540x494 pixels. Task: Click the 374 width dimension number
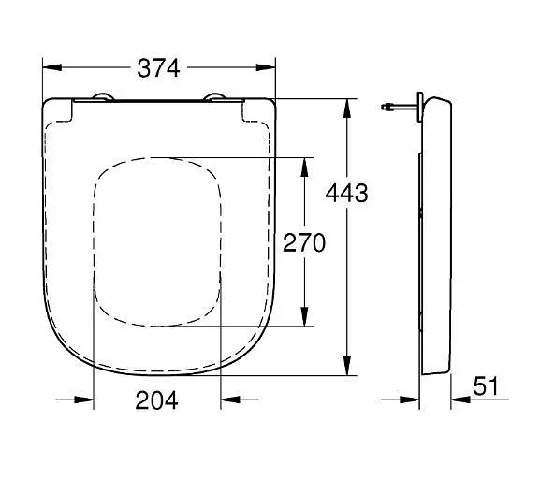coord(158,68)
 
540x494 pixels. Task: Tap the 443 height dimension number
coord(347,193)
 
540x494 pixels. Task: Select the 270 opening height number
coord(304,242)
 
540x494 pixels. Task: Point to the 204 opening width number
coord(156,400)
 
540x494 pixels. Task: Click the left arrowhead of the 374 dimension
coord(52,67)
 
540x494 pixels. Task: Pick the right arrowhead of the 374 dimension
coord(266,67)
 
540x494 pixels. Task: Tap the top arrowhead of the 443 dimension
coord(347,109)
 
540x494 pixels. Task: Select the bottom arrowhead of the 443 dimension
coord(347,366)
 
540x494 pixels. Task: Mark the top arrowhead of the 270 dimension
coord(304,167)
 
